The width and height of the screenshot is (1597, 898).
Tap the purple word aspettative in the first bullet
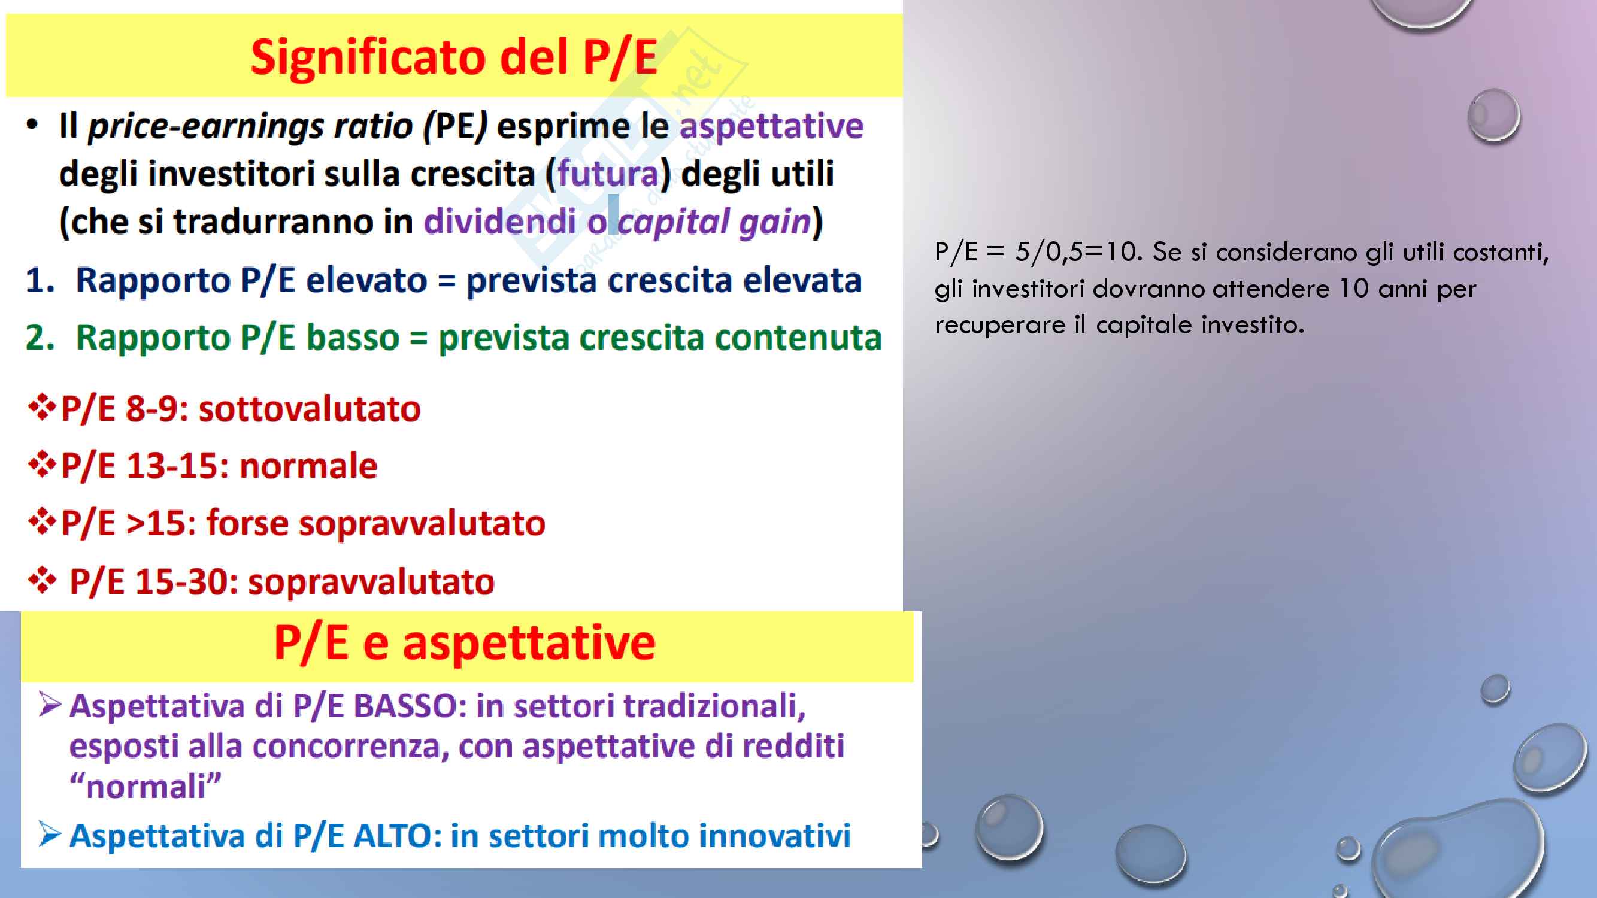coord(771,127)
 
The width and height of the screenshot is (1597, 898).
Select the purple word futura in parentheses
coord(608,173)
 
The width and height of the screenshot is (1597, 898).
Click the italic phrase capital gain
coord(715,222)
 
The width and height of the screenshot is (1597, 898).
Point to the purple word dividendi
coord(499,221)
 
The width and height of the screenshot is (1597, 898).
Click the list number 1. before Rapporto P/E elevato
coord(40,280)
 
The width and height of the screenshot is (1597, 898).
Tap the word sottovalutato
coord(310,409)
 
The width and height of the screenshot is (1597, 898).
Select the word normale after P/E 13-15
coord(308,466)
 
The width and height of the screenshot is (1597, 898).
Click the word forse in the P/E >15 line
coord(248,523)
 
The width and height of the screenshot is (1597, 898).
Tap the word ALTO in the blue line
coord(397,836)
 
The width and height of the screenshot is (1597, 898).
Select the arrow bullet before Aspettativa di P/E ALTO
coord(50,834)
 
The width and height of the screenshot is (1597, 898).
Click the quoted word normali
coord(145,787)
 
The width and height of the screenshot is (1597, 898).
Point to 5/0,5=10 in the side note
coord(1077,252)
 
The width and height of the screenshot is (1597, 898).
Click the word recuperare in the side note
coord(1000,324)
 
